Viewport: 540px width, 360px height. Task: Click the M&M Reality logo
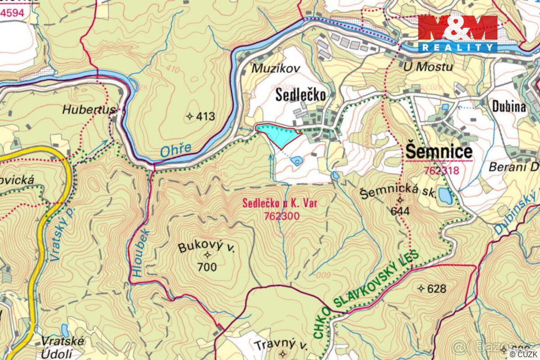458,33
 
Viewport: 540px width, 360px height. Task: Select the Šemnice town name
439,152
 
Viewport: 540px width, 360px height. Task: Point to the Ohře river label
175,150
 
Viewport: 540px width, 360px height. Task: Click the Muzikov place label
269,68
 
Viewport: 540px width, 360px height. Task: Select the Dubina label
509,106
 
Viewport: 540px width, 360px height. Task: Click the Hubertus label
89,109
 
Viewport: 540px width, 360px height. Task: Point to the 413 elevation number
205,117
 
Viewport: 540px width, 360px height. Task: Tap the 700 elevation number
207,267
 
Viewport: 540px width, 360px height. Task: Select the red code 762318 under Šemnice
441,171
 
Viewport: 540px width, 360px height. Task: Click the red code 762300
280,216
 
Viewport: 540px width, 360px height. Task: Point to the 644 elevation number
400,211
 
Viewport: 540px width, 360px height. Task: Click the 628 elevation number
436,288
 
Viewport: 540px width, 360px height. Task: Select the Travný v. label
280,345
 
